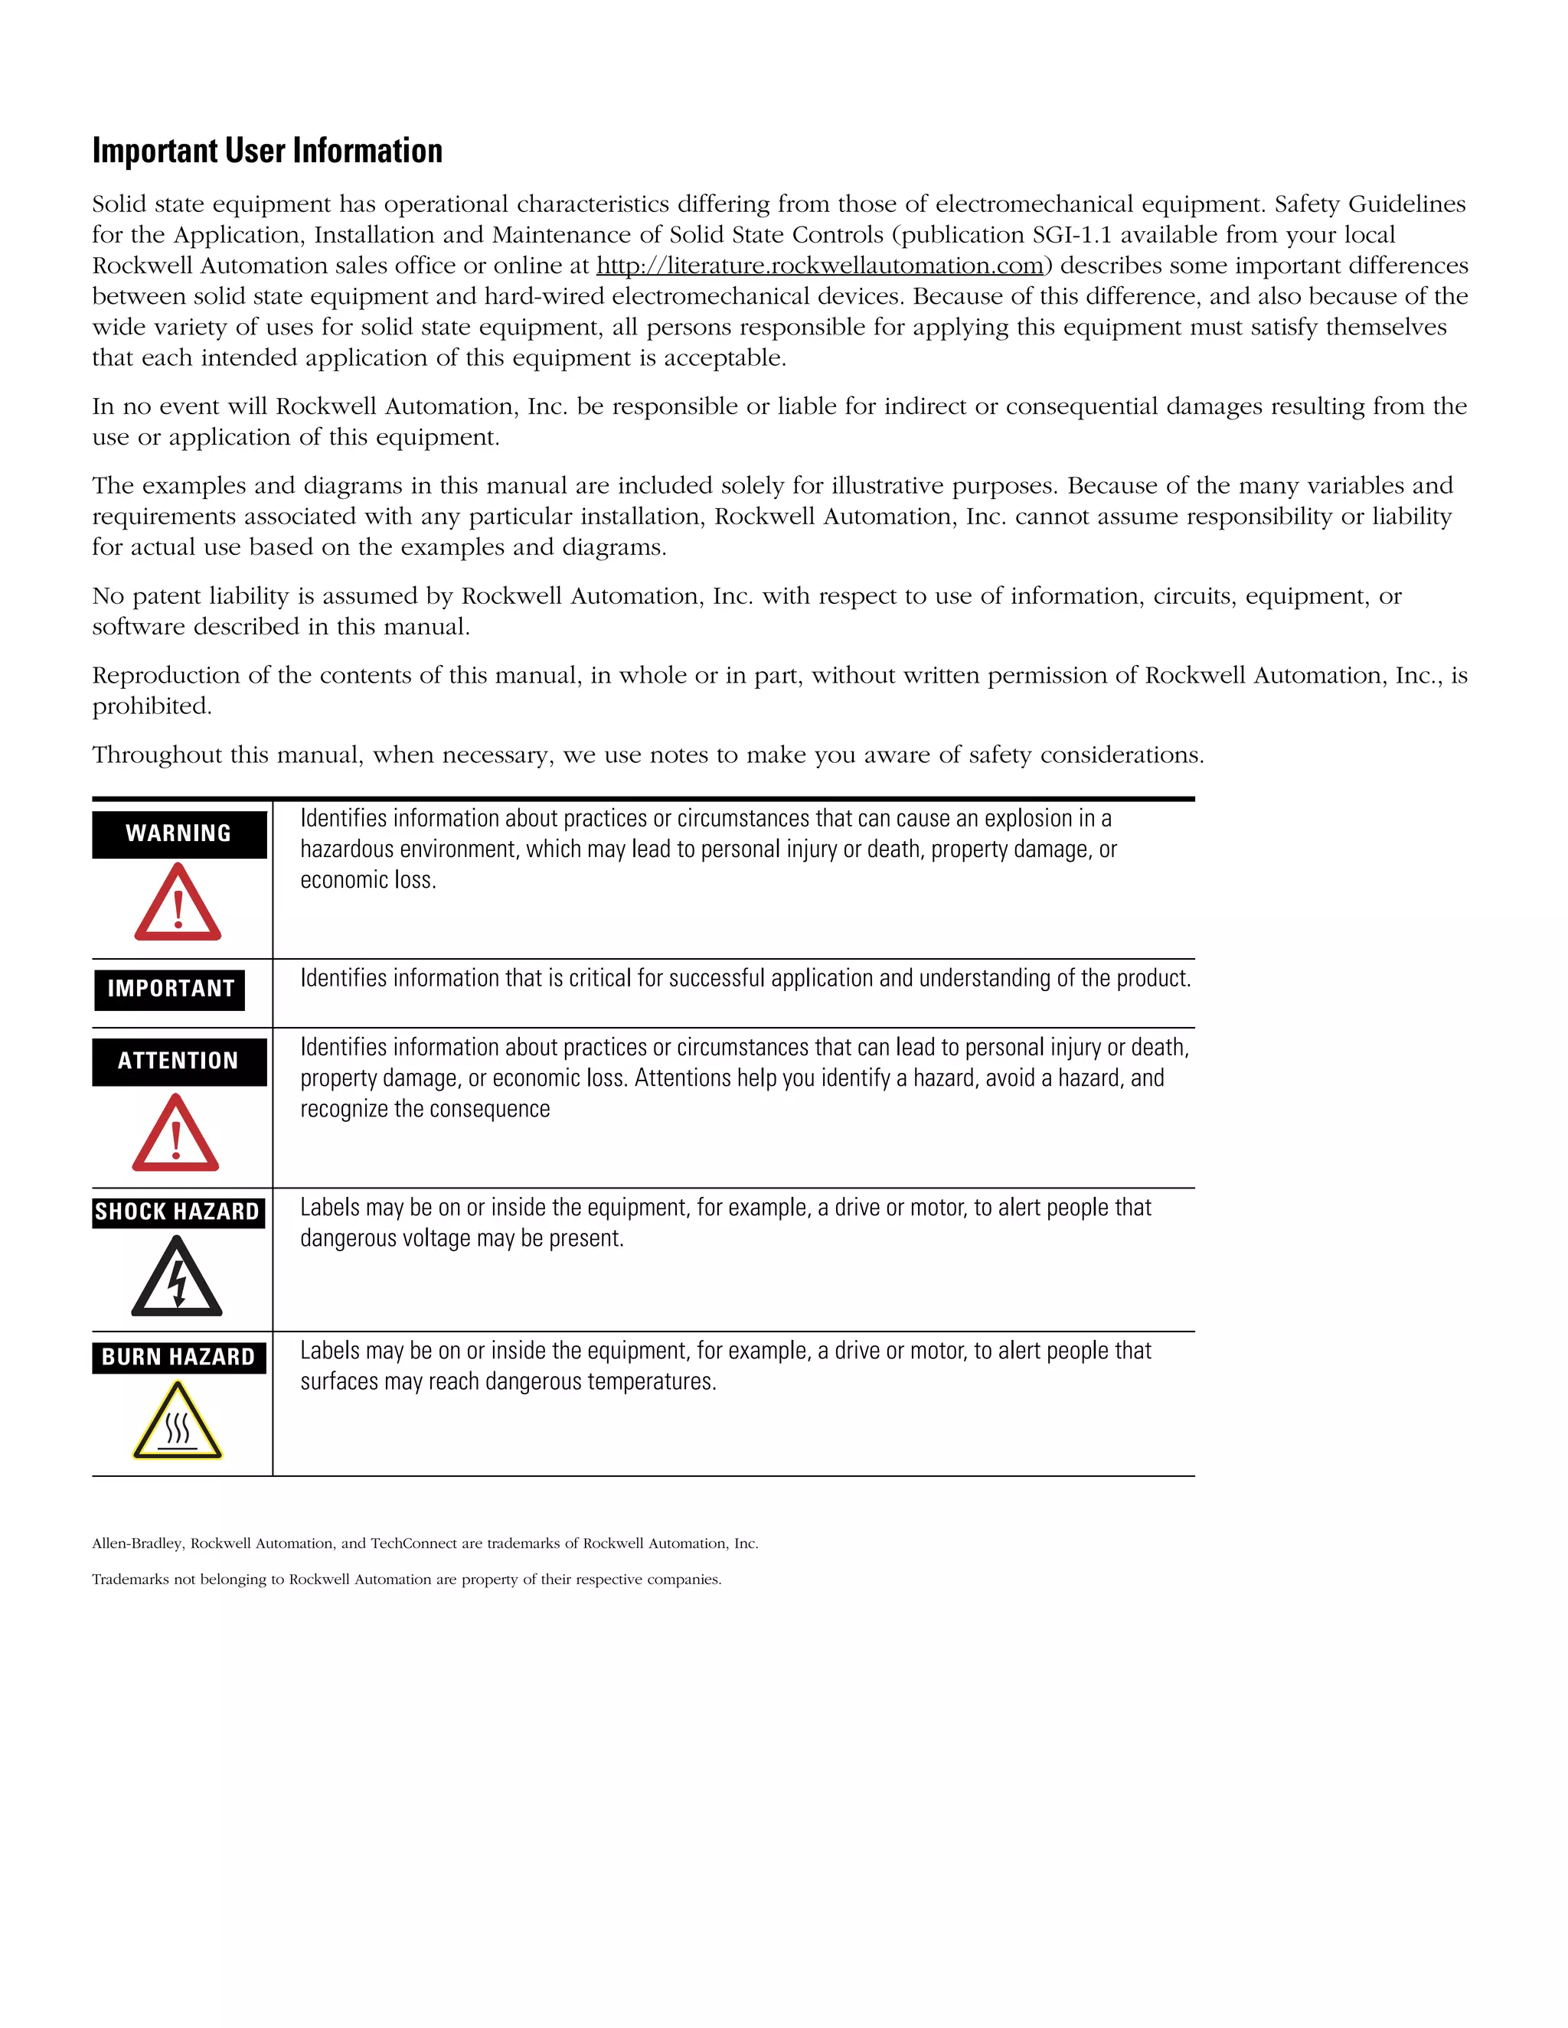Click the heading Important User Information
point(267,152)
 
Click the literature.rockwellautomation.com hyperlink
point(819,266)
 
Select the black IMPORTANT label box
point(170,988)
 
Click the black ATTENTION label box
point(178,1061)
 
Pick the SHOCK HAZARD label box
point(178,1211)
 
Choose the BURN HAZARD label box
point(178,1357)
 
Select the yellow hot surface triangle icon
point(178,1423)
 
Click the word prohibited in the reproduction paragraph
point(152,706)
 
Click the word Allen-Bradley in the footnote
point(138,1544)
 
